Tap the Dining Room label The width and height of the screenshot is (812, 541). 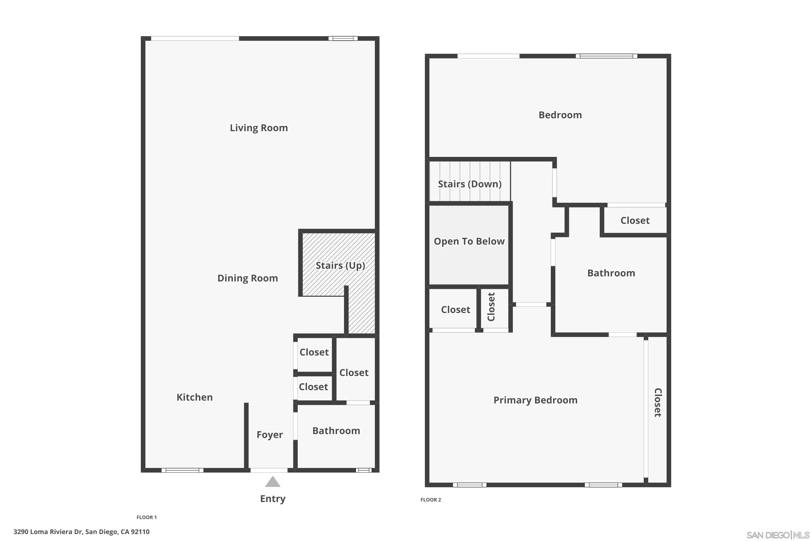click(x=248, y=278)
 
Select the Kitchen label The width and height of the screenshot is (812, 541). click(x=194, y=397)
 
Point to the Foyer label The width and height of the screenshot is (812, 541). click(x=270, y=434)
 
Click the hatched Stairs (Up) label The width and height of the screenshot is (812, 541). click(x=340, y=265)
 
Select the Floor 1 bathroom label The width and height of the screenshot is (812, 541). click(x=336, y=431)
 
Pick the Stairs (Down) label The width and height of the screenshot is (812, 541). click(x=470, y=184)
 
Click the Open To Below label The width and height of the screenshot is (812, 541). click(x=469, y=241)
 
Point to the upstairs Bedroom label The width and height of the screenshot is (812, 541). click(x=560, y=115)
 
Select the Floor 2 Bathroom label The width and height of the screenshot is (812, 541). click(x=611, y=273)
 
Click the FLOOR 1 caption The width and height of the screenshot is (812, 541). click(x=146, y=517)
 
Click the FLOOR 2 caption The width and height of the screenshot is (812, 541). click(x=431, y=500)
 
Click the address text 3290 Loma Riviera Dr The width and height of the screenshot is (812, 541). click(x=81, y=532)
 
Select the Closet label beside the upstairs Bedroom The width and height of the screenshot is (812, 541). click(x=635, y=220)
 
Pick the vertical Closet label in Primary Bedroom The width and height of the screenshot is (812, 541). click(x=658, y=402)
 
